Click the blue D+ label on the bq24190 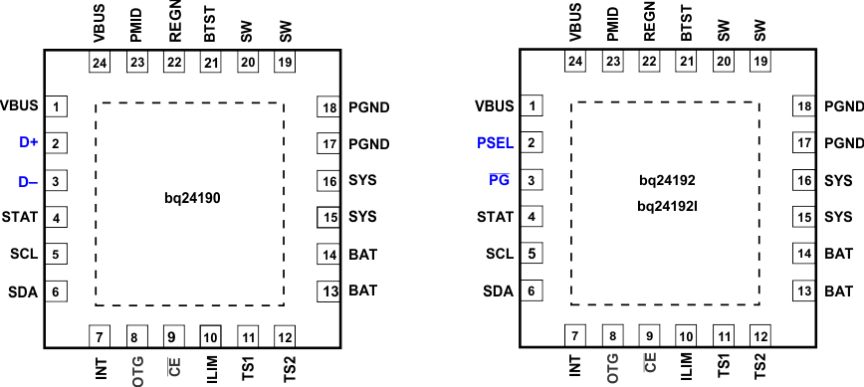tap(28, 143)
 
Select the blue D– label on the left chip tap(28, 181)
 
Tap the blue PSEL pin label tap(495, 143)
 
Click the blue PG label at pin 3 tap(500, 180)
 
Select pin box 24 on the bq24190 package tap(100, 62)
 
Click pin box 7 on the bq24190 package tap(100, 335)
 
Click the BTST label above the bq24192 tap(687, 25)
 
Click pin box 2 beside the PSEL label tap(535, 143)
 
